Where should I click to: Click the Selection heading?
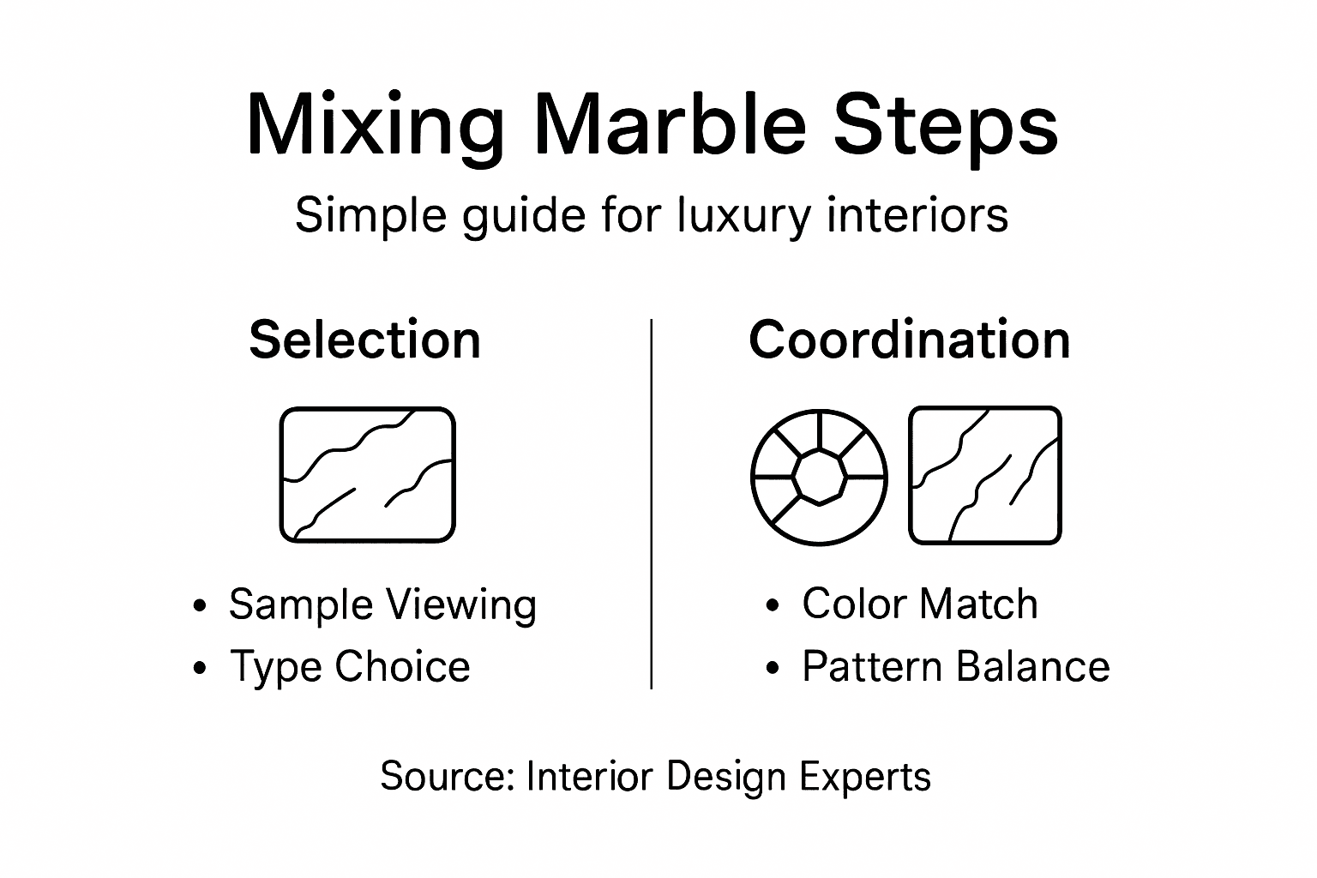(364, 340)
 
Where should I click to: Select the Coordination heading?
(909, 340)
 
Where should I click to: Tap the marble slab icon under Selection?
(367, 475)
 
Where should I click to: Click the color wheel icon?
(819, 477)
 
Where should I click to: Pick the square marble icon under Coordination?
(985, 476)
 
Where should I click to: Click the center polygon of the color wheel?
(819, 476)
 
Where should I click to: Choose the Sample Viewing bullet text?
(382, 604)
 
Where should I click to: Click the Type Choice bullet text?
(350, 666)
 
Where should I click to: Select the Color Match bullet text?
(919, 604)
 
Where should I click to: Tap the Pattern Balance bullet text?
(955, 666)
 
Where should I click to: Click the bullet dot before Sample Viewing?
(201, 606)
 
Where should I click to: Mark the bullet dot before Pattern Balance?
(773, 668)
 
